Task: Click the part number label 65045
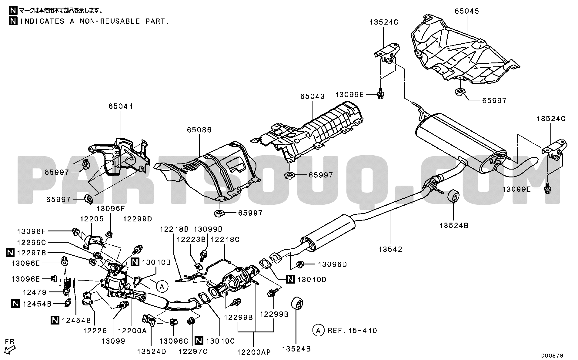pos(466,11)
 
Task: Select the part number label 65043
pos(312,96)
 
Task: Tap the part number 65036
pos(199,130)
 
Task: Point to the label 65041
pos(121,106)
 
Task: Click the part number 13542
pos(390,249)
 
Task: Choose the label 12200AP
pos(254,352)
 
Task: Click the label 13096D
pos(332,264)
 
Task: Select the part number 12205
pos(92,219)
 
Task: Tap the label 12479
pos(35,292)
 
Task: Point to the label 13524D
pos(152,352)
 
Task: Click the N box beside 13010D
pos(291,279)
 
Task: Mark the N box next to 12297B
pos(10,252)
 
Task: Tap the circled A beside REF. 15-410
pos(318,330)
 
